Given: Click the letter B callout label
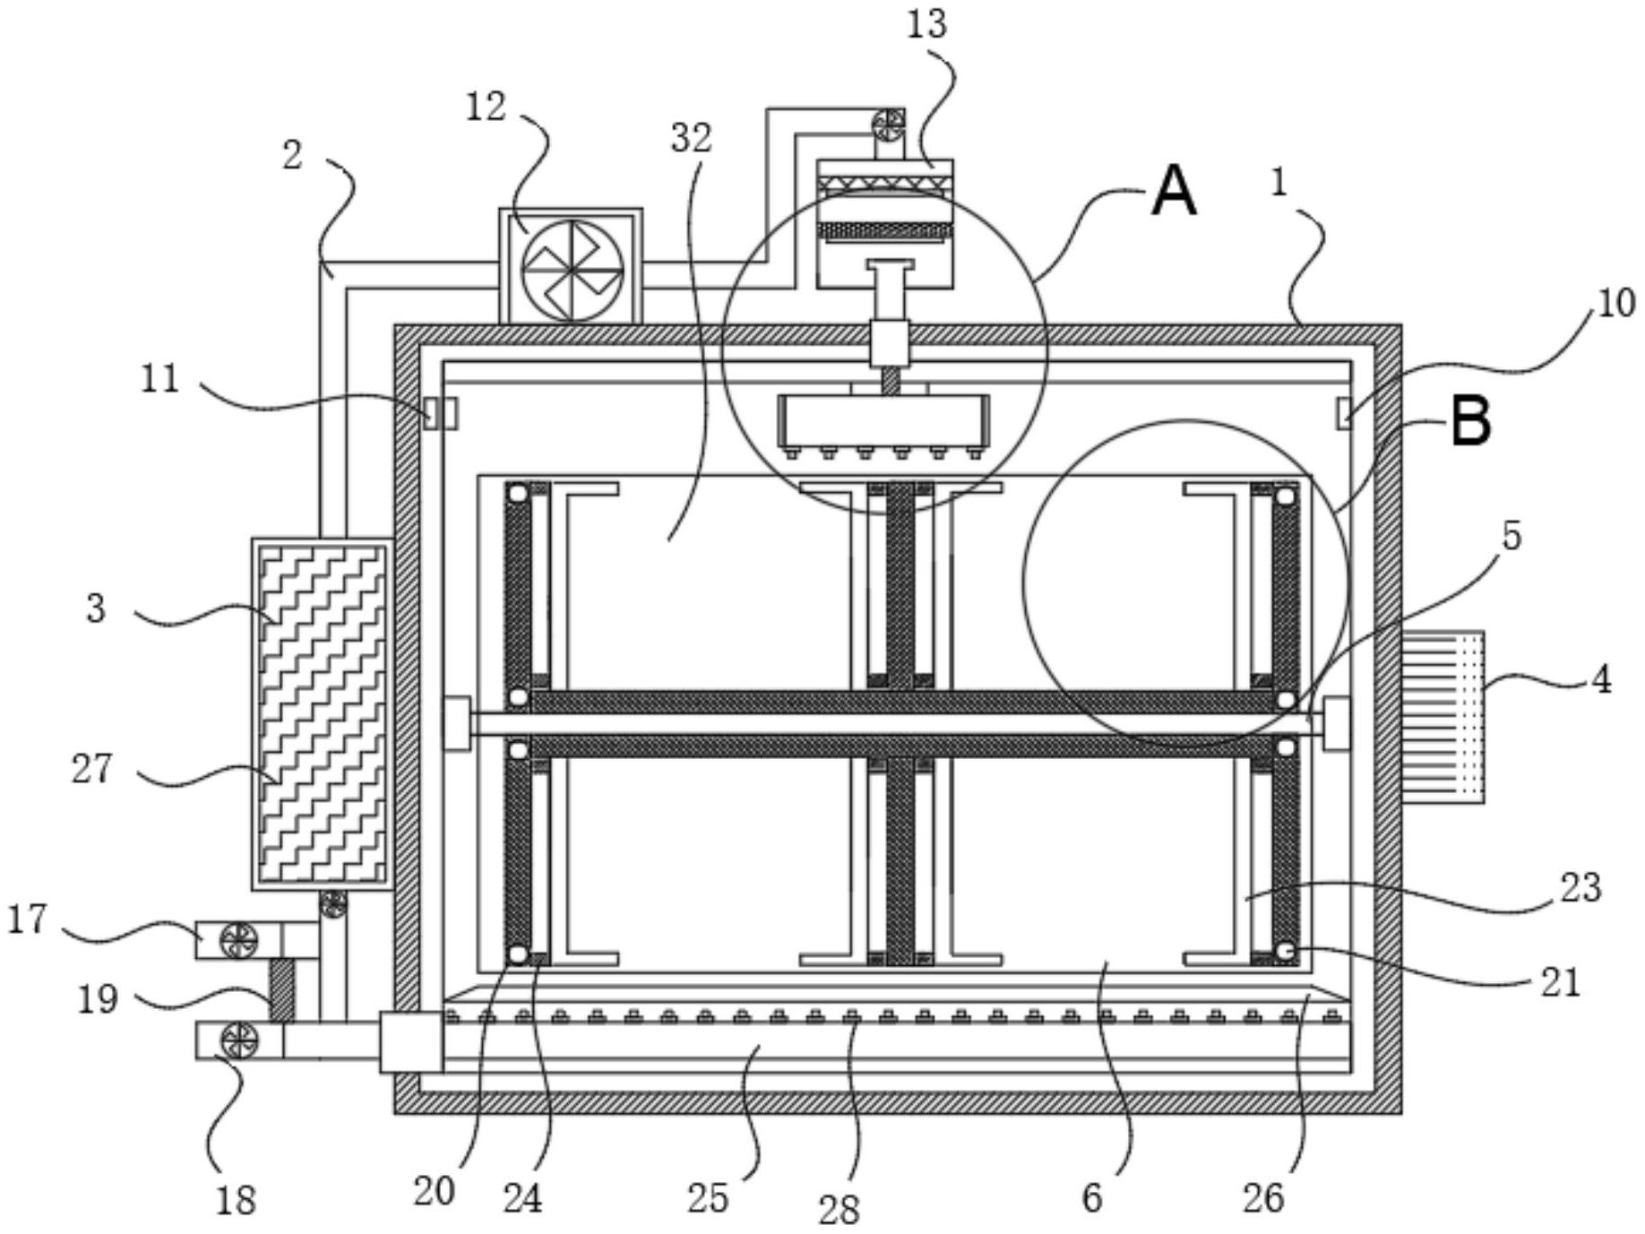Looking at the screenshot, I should (1471, 421).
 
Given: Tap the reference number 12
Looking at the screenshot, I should (487, 108).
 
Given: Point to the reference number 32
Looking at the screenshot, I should (691, 139).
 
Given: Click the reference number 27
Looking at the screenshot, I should (93, 769).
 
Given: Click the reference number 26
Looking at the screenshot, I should (1263, 1197).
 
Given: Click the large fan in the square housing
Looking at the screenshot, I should (572, 266).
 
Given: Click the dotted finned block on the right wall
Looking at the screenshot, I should (1443, 717).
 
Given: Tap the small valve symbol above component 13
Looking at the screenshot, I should (889, 124).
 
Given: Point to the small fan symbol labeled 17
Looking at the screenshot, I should (239, 940).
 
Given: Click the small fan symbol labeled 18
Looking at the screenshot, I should (239, 1041).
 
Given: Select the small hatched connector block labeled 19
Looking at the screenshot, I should (281, 990).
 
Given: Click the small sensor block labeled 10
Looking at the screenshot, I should (1344, 413).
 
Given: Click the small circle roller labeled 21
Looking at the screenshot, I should (1286, 952).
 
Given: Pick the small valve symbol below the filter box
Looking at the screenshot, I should (333, 904).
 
